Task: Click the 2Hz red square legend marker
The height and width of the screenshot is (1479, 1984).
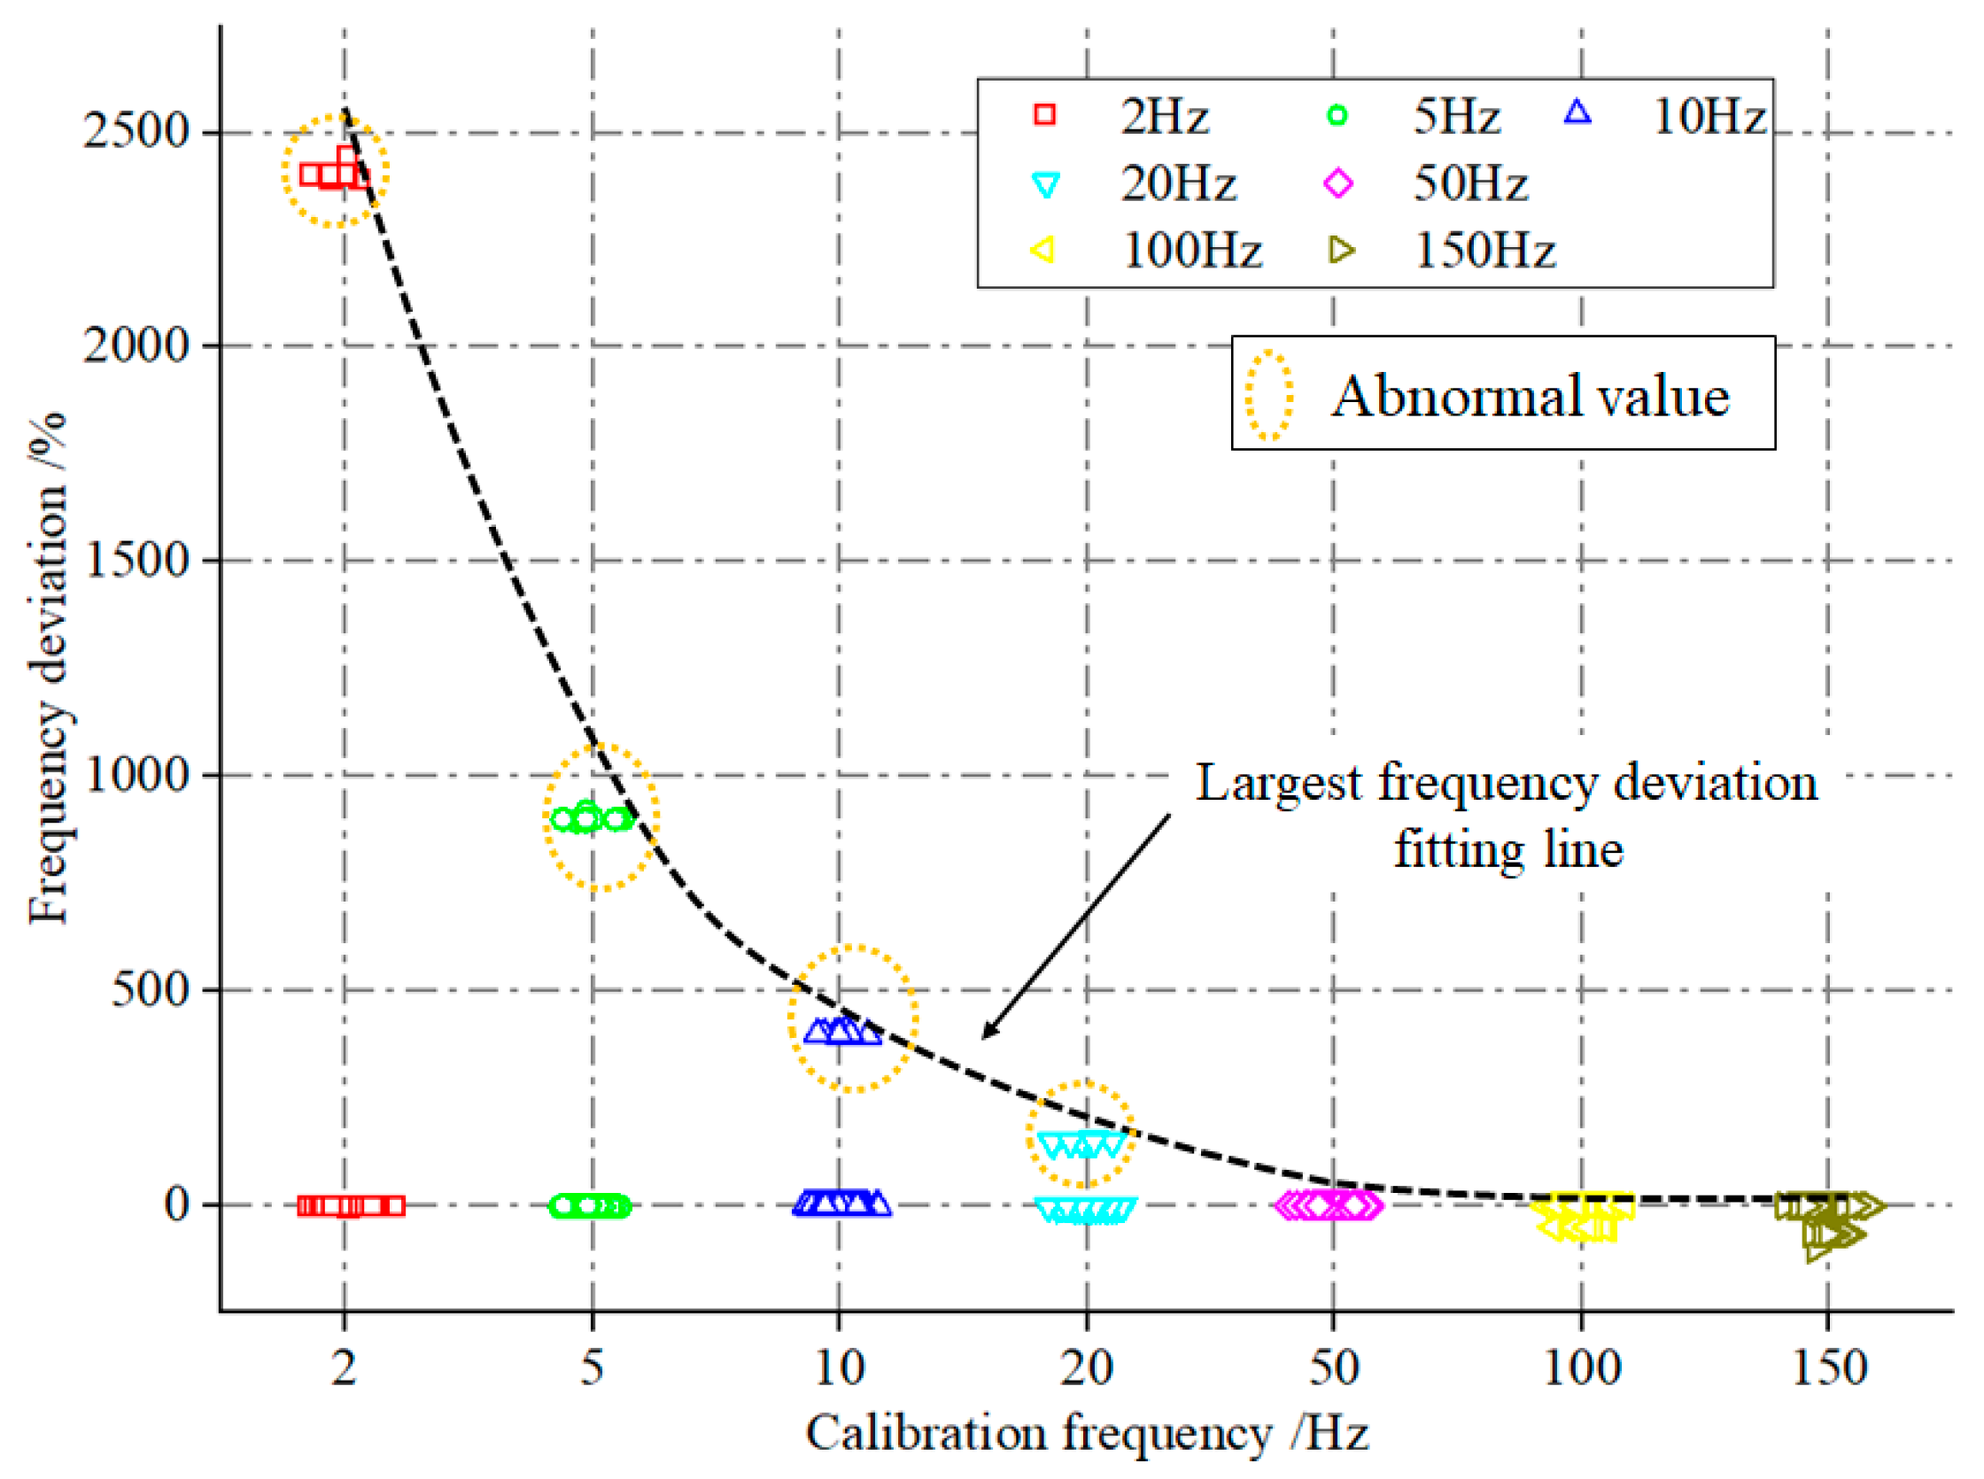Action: pos(1044,114)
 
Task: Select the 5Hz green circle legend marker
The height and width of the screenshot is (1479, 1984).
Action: pos(1337,114)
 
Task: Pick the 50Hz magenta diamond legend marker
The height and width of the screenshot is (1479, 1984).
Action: pos(1337,183)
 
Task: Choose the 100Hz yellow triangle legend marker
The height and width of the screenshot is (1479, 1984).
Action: pos(1043,250)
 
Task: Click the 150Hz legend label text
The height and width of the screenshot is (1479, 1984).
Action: pos(1484,251)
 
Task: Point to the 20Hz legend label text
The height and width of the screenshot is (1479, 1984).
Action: pos(1178,184)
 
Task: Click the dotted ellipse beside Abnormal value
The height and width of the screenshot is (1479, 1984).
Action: pos(1268,395)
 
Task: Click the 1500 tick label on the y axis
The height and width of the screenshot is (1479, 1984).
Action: pos(137,561)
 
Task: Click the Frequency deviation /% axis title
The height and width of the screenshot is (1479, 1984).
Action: pos(49,667)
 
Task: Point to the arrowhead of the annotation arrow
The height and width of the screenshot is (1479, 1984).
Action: pos(986,1036)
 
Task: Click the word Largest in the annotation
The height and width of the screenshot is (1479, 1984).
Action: pos(1278,784)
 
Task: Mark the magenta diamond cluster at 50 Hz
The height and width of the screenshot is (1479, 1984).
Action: pos(1329,1205)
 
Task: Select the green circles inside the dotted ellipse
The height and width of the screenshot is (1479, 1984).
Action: pos(591,817)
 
